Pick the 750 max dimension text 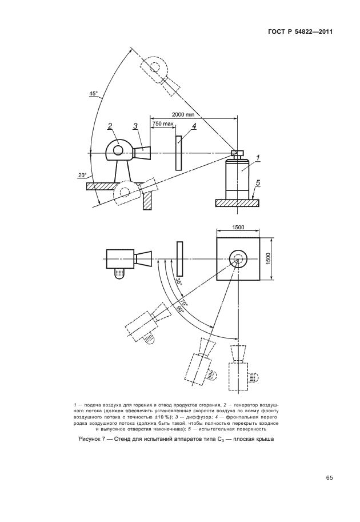point(163,123)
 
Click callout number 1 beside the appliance point(258,157)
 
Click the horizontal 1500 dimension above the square point(237,228)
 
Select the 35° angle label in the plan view point(178,281)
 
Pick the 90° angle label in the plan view point(179,310)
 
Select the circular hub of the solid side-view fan point(118,150)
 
